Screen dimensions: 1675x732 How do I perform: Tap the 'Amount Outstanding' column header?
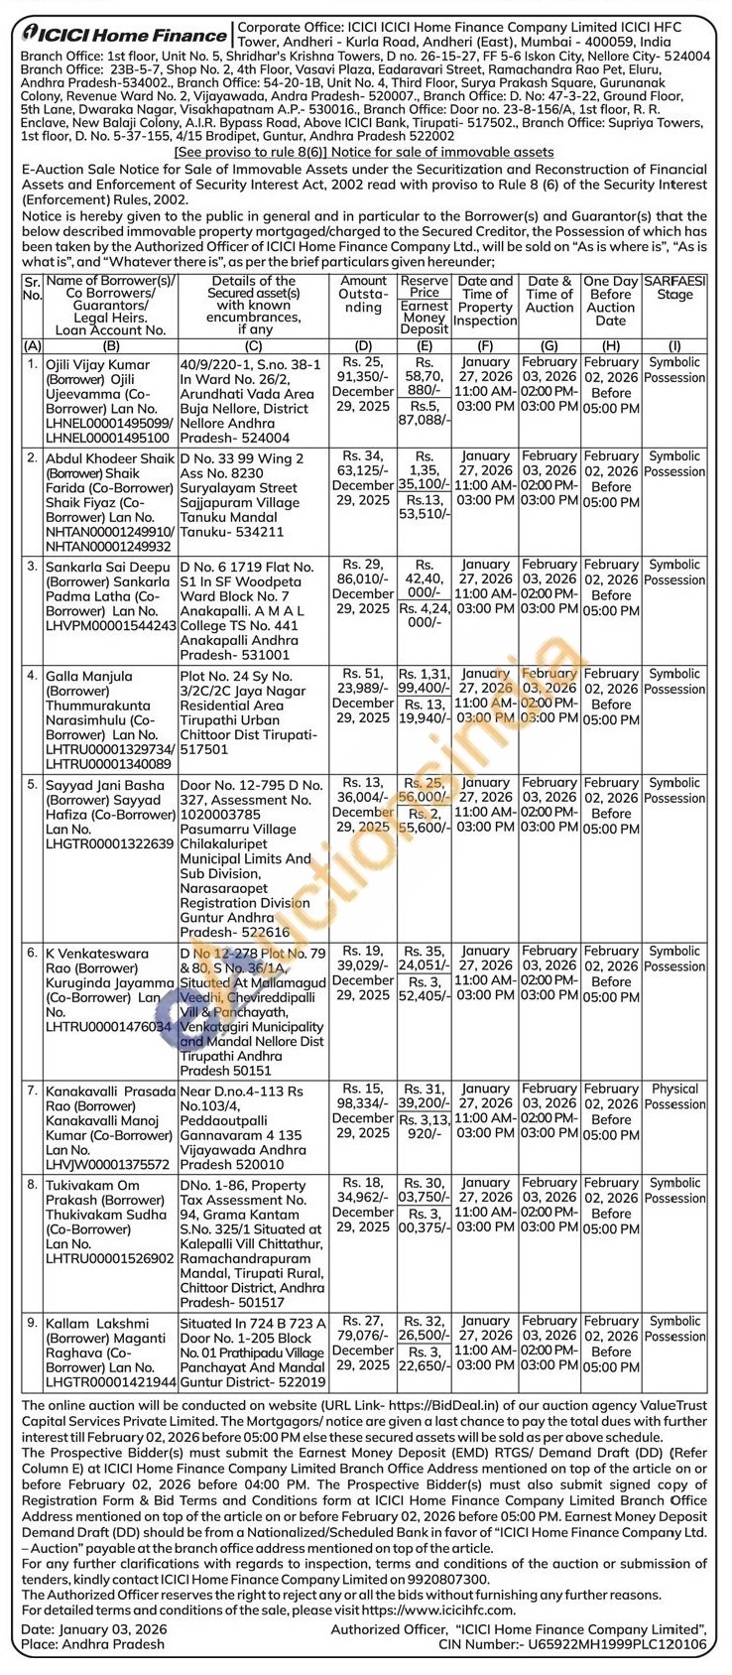pos(363,295)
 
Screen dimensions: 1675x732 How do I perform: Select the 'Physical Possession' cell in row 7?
pos(675,1096)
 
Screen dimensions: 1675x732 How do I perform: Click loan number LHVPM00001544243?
pos(110,626)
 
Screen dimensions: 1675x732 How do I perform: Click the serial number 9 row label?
pos(32,1323)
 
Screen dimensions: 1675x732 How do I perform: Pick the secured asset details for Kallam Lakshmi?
pos(253,1352)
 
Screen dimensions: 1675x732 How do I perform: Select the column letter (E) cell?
pos(424,345)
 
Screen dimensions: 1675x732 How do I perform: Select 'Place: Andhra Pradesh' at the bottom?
pos(92,1645)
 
